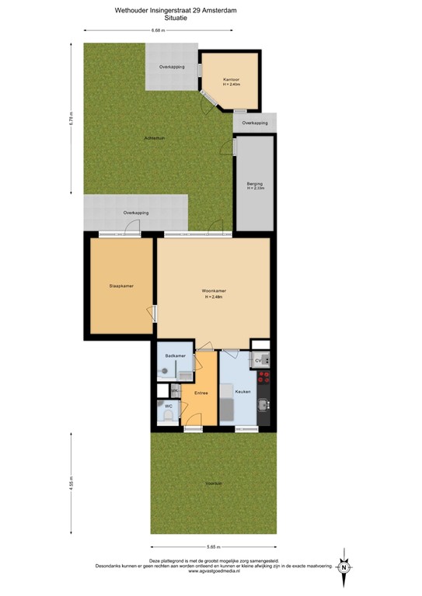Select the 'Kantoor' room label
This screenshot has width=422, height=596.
pyautogui.click(x=230, y=79)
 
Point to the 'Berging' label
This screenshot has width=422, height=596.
pyautogui.click(x=255, y=183)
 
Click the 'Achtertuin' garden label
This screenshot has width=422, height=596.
pyautogui.click(x=154, y=138)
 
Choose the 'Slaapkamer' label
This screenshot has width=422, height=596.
pyautogui.click(x=120, y=286)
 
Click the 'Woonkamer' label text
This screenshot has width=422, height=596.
pyautogui.click(x=214, y=292)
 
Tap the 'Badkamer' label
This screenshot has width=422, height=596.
pyautogui.click(x=175, y=355)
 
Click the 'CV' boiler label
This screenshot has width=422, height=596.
pyautogui.click(x=257, y=362)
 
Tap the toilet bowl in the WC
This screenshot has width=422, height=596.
pyautogui.click(x=168, y=418)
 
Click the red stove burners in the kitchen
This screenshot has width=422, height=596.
pyautogui.click(x=264, y=378)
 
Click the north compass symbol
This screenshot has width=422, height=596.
pyautogui.click(x=343, y=567)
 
